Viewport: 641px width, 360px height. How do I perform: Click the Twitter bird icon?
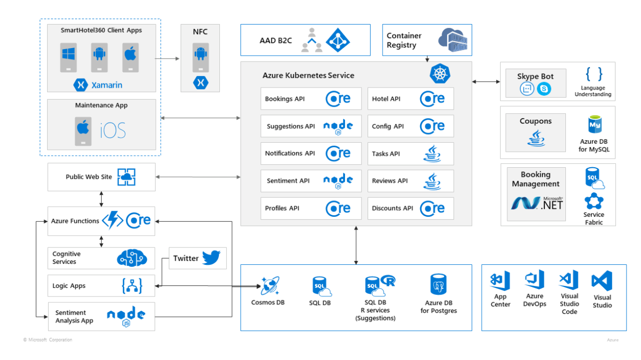(211, 258)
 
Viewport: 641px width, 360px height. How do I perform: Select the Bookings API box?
(310, 99)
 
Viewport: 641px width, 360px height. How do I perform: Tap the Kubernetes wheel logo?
(440, 74)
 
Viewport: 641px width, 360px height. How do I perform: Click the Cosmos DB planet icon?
(269, 286)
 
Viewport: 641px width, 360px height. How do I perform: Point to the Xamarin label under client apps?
(106, 85)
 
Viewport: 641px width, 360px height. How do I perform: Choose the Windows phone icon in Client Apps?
(69, 56)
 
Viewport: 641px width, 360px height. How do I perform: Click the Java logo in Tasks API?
(432, 153)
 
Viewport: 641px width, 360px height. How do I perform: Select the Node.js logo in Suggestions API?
(338, 126)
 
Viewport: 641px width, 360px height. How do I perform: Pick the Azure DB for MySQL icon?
(594, 124)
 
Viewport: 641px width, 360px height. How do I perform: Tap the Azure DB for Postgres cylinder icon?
(438, 284)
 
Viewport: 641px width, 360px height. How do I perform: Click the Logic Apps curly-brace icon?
(132, 286)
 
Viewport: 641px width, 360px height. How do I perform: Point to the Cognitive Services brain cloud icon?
(132, 258)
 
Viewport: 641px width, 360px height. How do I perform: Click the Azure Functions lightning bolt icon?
(112, 220)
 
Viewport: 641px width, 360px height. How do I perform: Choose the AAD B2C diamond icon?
(338, 40)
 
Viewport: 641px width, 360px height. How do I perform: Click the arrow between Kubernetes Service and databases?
(356, 245)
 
